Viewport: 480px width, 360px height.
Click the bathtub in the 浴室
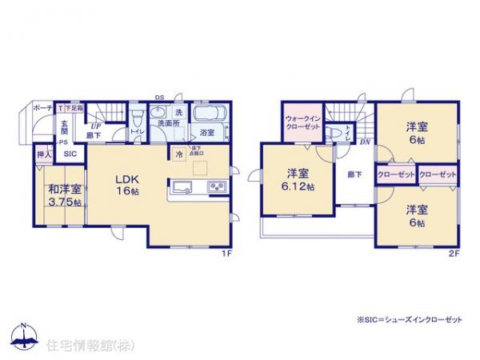(x=209, y=114)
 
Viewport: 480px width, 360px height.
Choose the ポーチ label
(x=42, y=107)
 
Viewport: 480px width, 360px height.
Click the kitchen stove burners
(x=216, y=188)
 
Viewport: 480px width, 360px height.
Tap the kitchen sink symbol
(x=181, y=188)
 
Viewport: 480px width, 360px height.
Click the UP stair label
(x=94, y=126)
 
